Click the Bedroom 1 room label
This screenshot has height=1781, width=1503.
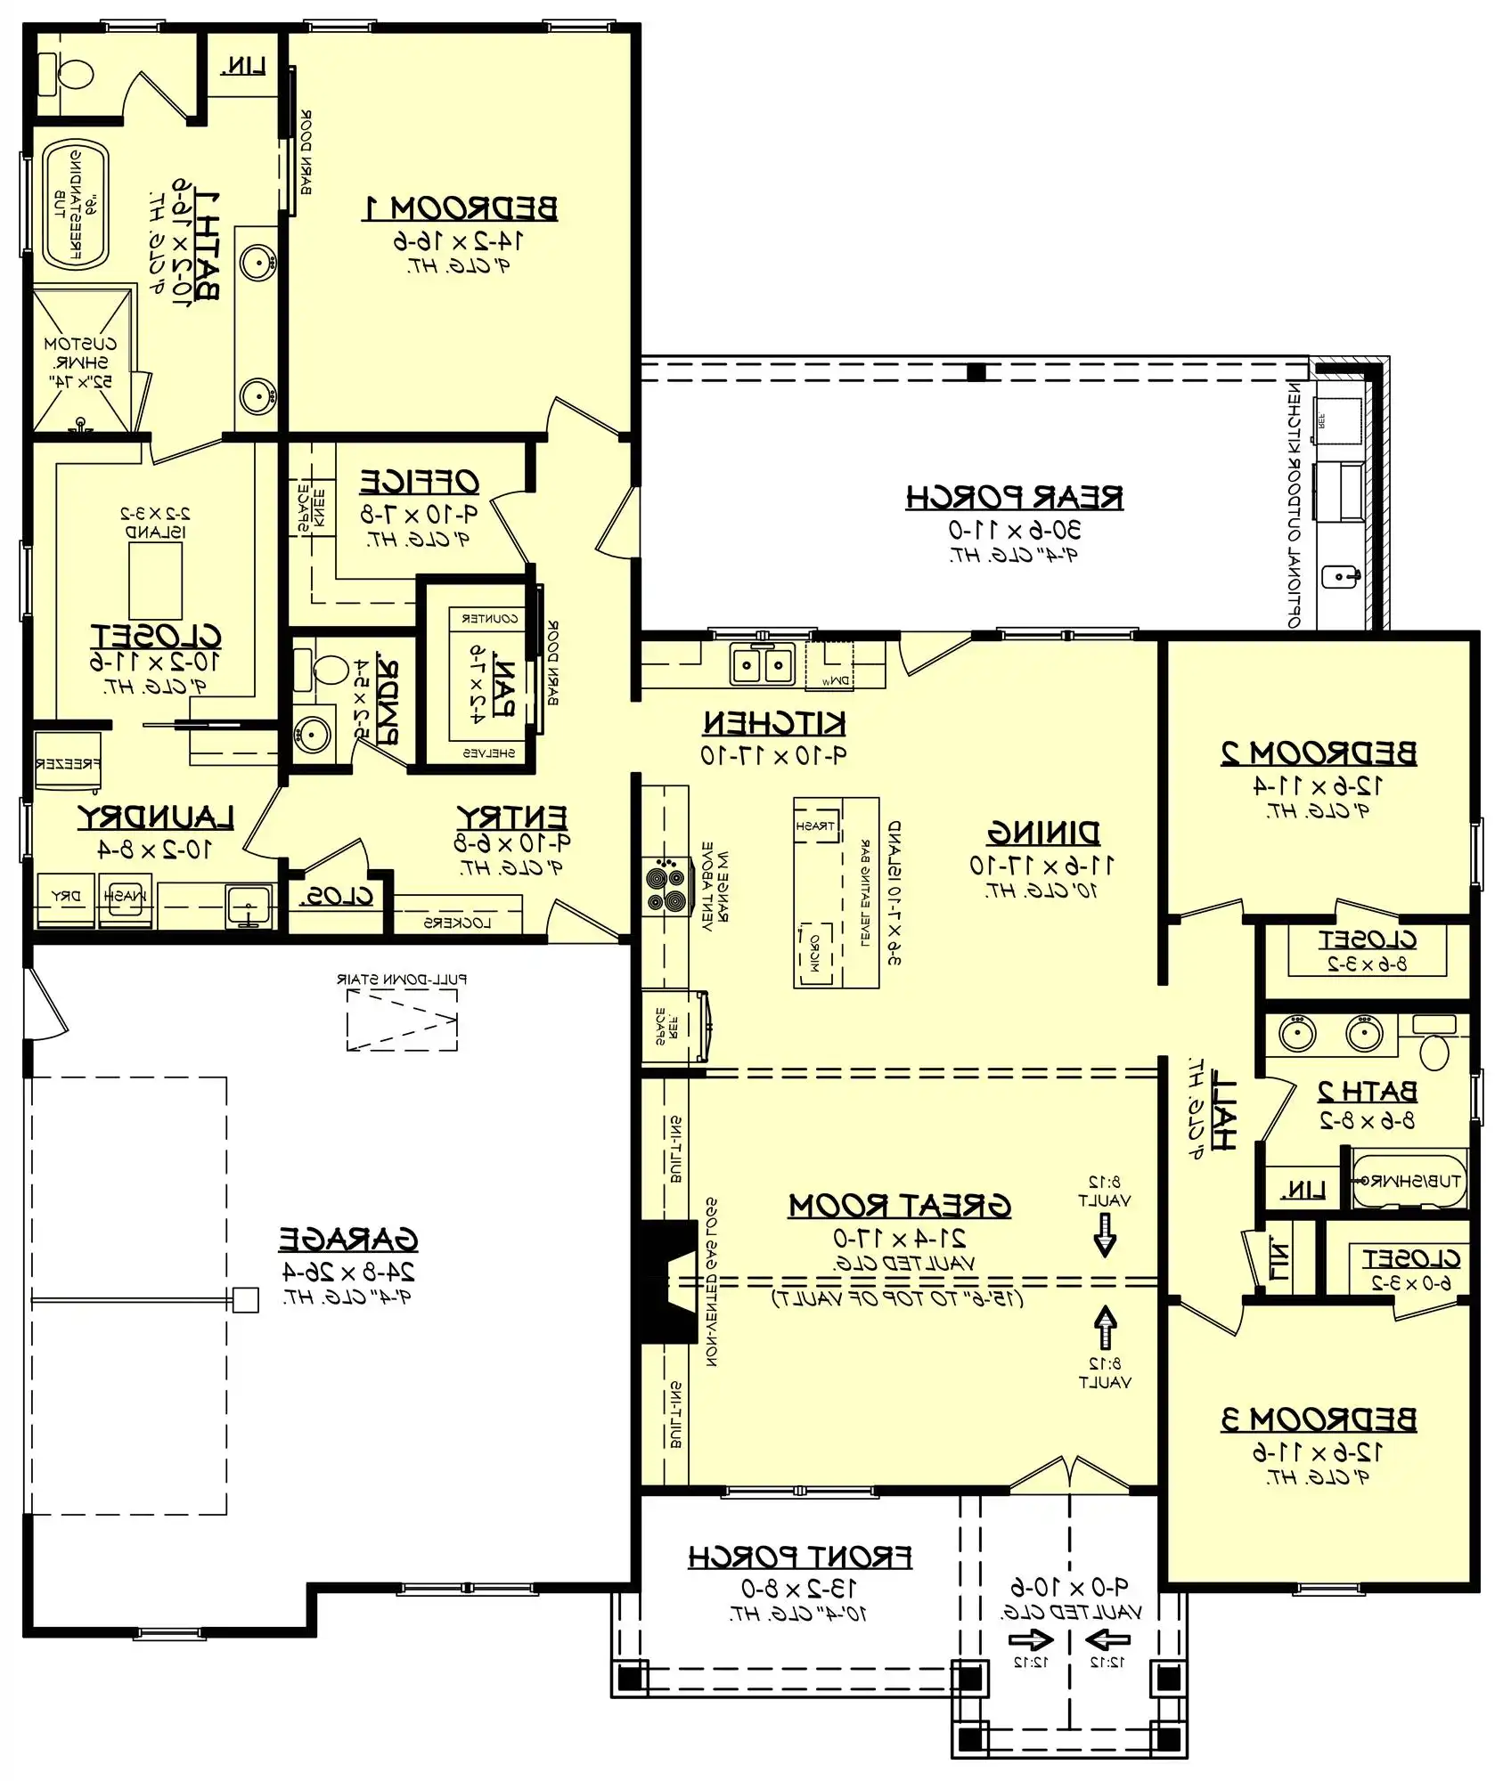pos(461,207)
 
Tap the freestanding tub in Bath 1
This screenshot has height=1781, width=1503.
pos(75,205)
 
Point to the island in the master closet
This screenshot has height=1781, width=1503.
pos(156,580)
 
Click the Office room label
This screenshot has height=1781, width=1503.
pos(420,482)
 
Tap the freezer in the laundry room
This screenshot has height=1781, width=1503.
pos(68,762)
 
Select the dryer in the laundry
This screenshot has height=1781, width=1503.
pos(65,899)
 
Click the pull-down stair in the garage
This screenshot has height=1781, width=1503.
pos(402,1018)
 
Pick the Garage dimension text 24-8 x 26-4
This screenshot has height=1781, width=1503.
pos(348,1271)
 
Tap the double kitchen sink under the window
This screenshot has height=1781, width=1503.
pos(763,664)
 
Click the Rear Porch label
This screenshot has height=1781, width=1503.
pos(1015,497)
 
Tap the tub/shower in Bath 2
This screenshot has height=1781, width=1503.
pos(1409,1181)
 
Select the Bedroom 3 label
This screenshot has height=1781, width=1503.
pos(1319,1419)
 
